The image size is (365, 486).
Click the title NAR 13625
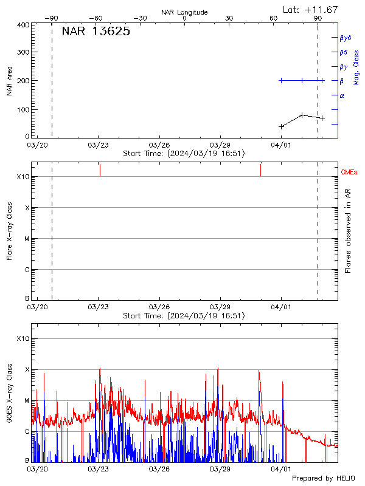[x=96, y=32]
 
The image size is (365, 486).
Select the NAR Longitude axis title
[x=184, y=12]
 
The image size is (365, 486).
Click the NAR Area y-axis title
[x=10, y=80]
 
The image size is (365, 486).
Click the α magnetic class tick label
[x=342, y=95]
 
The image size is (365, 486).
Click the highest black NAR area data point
[x=302, y=115]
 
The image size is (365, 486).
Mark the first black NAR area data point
[x=281, y=126]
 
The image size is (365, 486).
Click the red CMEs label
[x=349, y=173]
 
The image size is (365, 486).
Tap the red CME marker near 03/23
[x=100, y=169]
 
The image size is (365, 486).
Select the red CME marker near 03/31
[x=260, y=169]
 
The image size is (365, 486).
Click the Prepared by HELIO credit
[x=323, y=478]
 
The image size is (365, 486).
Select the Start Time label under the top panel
[x=184, y=154]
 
